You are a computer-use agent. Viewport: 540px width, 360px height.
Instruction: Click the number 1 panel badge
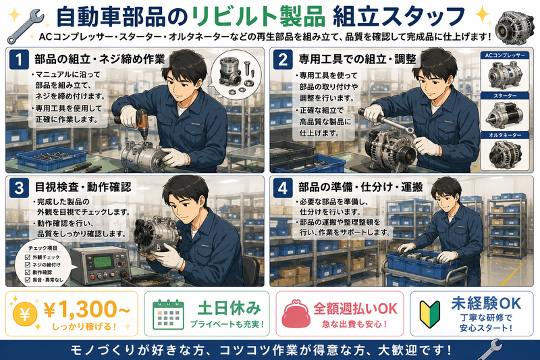tap(19, 59)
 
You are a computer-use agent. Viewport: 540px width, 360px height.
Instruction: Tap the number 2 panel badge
tap(283, 59)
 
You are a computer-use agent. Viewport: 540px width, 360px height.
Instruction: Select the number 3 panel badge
tap(19, 188)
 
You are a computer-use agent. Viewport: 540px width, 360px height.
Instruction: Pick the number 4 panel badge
tap(283, 188)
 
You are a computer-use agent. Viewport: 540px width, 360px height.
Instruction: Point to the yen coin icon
tap(24, 314)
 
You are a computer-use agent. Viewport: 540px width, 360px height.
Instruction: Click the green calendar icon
tap(168, 314)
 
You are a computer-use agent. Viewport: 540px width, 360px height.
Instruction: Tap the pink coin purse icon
tap(295, 314)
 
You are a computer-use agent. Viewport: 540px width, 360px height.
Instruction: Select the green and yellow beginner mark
tap(429, 314)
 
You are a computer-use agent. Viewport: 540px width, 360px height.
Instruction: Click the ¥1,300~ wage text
tap(86, 309)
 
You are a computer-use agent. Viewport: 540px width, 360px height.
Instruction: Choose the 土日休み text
tap(229, 307)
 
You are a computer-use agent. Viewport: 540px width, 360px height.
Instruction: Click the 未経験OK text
tap(486, 303)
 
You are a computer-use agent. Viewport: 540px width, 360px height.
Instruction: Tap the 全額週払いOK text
tap(355, 308)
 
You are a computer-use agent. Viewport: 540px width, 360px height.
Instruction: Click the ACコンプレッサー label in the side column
tap(505, 55)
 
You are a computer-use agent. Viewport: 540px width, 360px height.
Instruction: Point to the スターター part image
tap(504, 115)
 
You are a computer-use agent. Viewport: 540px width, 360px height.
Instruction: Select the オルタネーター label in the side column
tap(505, 135)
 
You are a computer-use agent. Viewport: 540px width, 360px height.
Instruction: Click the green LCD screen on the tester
tap(103, 263)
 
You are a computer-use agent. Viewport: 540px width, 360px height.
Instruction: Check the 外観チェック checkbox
tap(28, 257)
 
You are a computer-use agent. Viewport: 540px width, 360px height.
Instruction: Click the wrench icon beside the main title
tap(26, 26)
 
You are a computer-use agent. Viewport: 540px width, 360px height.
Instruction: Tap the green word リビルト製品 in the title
tap(259, 18)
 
